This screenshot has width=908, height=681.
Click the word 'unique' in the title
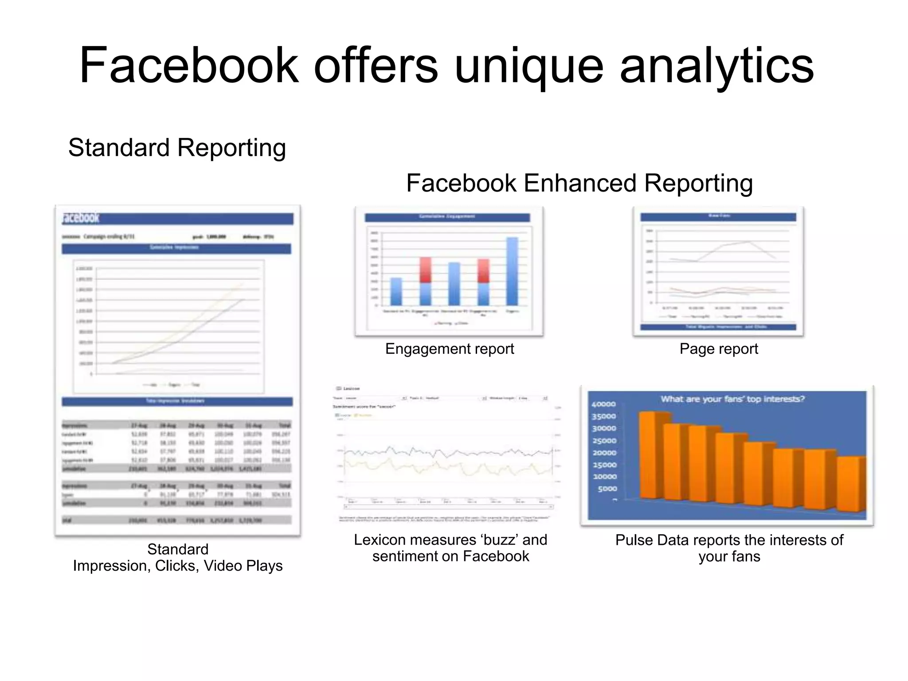[x=529, y=67]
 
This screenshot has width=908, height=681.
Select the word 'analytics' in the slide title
[x=716, y=67]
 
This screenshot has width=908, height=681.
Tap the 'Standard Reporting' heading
[x=177, y=148]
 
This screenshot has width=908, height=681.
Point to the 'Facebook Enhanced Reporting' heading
[x=579, y=183]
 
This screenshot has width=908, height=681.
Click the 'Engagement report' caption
[x=450, y=349]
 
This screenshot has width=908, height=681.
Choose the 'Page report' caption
[x=719, y=349]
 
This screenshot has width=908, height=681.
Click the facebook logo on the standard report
[x=81, y=218]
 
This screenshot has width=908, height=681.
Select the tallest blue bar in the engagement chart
[x=512, y=271]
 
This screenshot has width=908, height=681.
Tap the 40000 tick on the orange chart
[x=603, y=404]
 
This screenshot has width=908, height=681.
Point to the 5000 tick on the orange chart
[x=607, y=489]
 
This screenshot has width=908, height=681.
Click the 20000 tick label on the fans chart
[x=604, y=453]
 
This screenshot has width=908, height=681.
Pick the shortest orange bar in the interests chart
[x=850, y=484]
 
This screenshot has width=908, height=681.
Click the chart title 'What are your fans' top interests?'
[x=732, y=399]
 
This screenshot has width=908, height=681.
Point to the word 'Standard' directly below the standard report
[x=178, y=549]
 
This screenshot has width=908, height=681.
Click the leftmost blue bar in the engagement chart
[x=396, y=291]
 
